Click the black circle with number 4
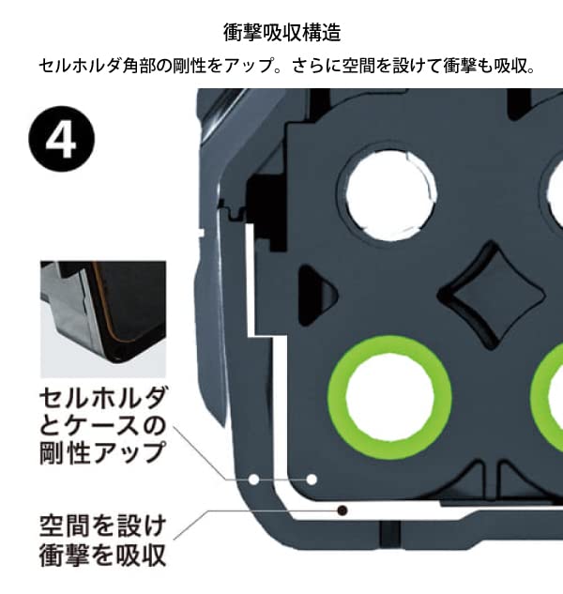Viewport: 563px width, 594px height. (x=61, y=138)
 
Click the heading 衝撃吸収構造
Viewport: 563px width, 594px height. (x=281, y=33)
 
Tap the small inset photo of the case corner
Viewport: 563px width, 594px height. (x=103, y=319)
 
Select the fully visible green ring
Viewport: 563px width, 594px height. (x=389, y=398)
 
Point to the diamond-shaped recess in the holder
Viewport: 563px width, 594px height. (x=493, y=296)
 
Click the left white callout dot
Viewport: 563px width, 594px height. (x=254, y=480)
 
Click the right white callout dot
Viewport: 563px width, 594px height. (x=312, y=480)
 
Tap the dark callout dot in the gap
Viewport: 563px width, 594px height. (x=342, y=510)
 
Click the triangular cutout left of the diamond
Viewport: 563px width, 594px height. (x=317, y=295)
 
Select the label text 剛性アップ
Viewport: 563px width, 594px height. (x=102, y=452)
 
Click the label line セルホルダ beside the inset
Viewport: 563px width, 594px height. (x=102, y=398)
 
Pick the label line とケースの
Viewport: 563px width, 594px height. (x=102, y=425)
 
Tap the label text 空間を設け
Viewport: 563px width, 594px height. (x=102, y=525)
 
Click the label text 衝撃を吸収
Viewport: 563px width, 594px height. (x=102, y=555)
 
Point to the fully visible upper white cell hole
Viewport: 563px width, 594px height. (x=391, y=195)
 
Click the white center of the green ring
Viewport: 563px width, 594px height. (x=389, y=398)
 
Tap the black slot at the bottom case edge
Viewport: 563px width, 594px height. (x=389, y=533)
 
